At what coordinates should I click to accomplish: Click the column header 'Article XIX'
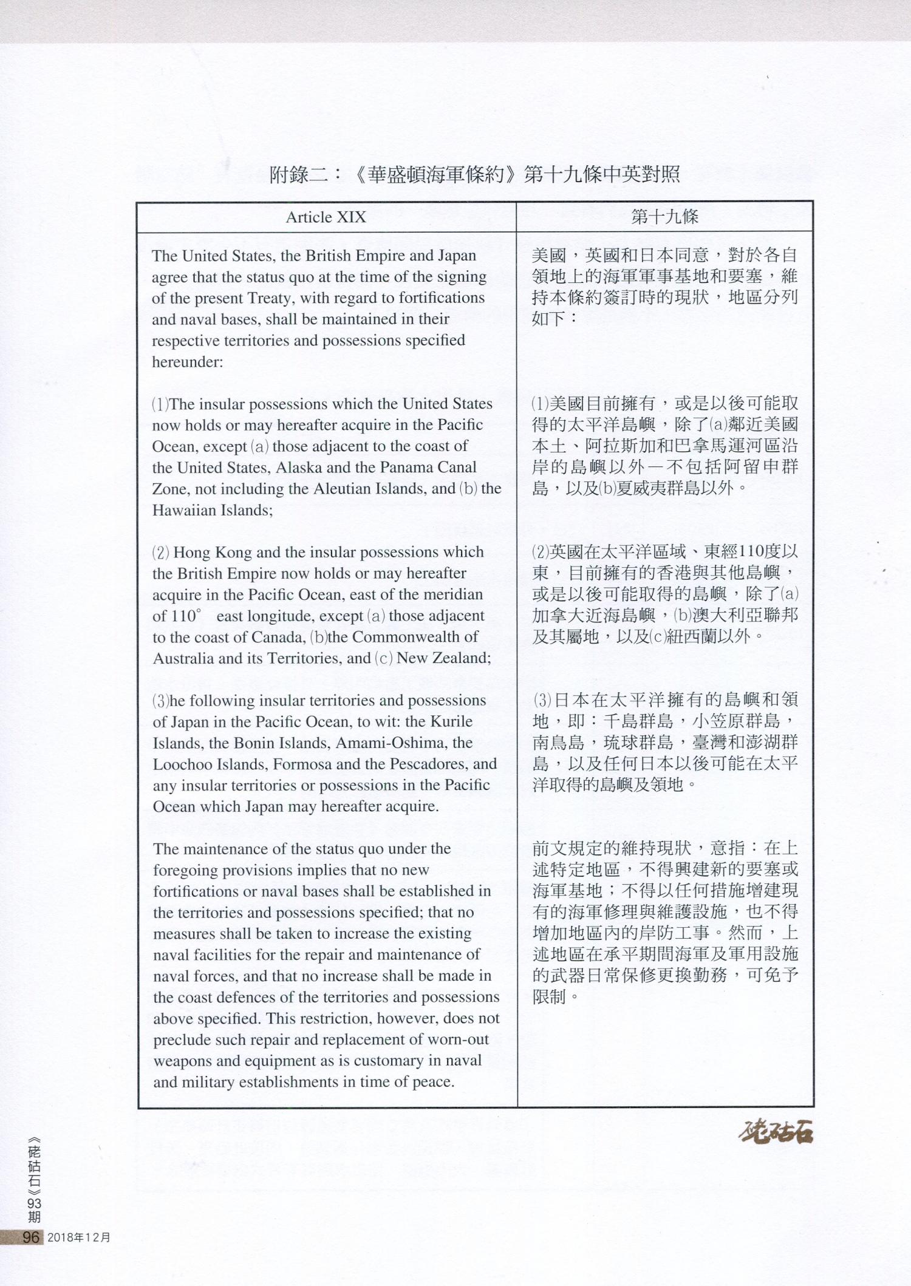point(326,217)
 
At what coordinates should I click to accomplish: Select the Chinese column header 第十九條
point(664,217)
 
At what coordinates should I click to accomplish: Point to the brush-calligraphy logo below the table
point(776,1134)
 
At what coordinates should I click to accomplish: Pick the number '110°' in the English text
point(185,616)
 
